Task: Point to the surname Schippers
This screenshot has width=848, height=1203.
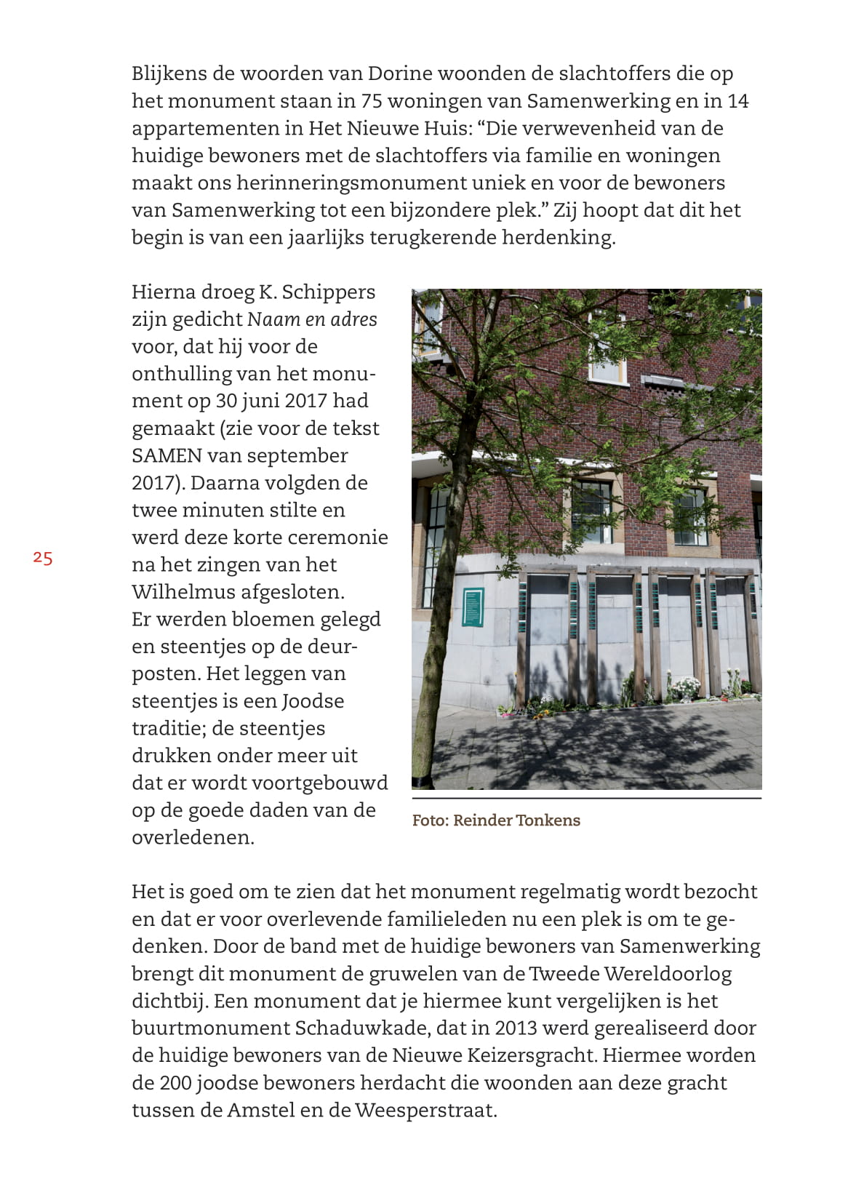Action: click(328, 292)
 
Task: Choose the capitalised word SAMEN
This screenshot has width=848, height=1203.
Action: click(167, 455)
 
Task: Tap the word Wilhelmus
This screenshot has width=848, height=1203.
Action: click(183, 592)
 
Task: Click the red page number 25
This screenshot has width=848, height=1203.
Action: click(43, 559)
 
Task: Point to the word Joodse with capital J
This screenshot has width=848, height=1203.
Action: click(313, 701)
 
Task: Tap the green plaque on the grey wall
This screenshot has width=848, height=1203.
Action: click(473, 606)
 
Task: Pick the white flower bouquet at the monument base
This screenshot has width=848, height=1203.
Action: click(685, 686)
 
